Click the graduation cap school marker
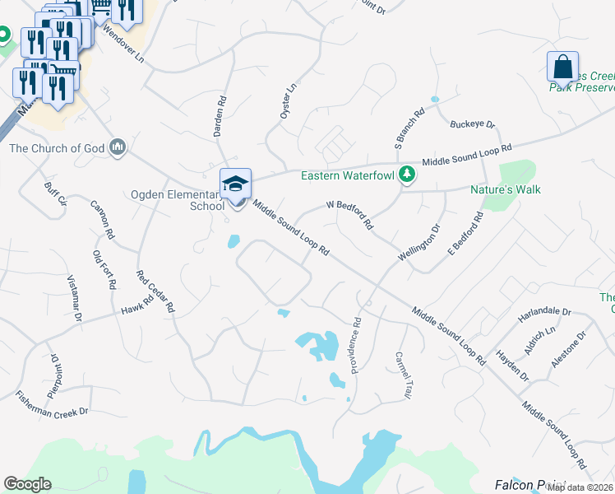(235, 184)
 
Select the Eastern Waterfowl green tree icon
(405, 175)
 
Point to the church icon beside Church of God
(118, 147)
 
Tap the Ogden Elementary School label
(178, 200)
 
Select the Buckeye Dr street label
(473, 125)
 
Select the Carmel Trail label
(402, 375)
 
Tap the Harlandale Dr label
(544, 312)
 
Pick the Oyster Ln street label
(288, 101)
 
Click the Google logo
(27, 483)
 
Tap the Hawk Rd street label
(138, 305)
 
